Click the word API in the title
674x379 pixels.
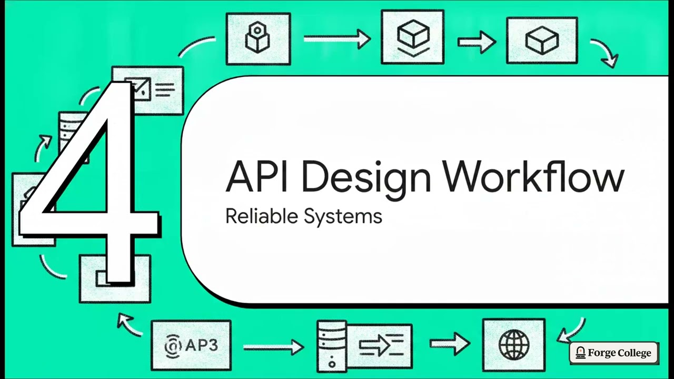point(256,176)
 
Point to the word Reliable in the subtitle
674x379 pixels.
point(262,216)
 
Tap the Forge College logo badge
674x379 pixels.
point(614,353)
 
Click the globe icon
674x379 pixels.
point(514,345)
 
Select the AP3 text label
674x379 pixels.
point(201,345)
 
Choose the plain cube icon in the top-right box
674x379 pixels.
point(542,41)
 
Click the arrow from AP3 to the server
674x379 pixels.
point(273,347)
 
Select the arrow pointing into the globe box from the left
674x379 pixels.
point(450,343)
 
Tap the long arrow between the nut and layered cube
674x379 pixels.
point(337,39)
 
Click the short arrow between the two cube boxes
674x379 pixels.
point(477,43)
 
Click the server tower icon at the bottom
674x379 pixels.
point(332,346)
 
